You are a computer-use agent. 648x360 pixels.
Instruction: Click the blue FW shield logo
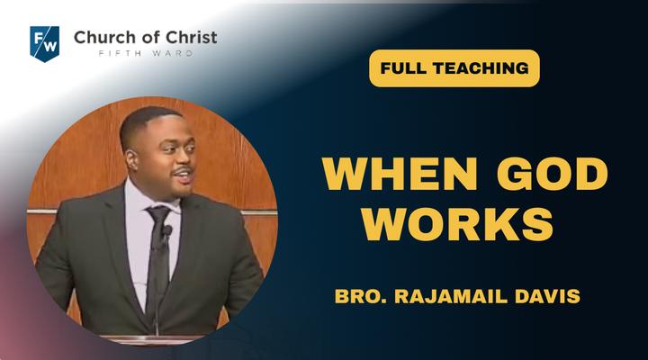[45, 43]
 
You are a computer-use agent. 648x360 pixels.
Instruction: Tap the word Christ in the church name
[192, 37]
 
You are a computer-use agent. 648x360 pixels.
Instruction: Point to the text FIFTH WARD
[146, 53]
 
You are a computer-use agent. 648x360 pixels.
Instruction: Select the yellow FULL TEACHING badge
[454, 68]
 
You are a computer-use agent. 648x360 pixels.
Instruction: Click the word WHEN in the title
[400, 174]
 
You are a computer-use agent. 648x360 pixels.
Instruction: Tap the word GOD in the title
[552, 174]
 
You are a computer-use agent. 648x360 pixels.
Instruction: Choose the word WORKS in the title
[458, 224]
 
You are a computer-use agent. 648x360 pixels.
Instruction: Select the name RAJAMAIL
[451, 296]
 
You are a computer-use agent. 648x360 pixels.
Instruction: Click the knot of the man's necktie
[158, 213]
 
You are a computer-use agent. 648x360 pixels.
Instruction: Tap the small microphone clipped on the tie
[166, 231]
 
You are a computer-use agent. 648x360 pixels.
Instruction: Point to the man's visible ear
[132, 160]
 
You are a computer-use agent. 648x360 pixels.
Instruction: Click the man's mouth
[184, 175]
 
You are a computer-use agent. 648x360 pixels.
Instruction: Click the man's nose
[188, 157]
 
